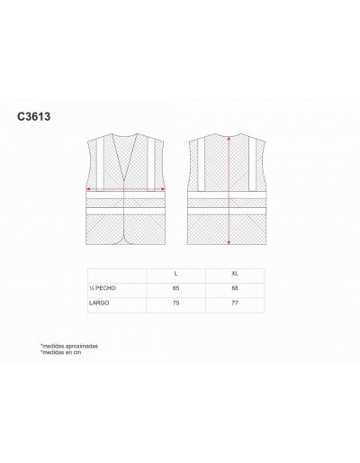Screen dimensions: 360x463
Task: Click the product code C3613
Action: [34, 116]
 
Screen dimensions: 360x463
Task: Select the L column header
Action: [175, 274]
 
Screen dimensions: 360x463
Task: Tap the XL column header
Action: [235, 274]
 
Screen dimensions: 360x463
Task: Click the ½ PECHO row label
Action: [103, 288]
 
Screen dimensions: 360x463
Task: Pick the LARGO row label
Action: [99, 303]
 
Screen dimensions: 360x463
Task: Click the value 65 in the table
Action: [175, 288]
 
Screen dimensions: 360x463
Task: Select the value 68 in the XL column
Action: [235, 288]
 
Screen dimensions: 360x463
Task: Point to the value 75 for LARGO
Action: [175, 303]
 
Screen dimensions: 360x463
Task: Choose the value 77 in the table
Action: [235, 303]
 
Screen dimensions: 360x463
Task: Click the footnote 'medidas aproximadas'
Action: [69, 346]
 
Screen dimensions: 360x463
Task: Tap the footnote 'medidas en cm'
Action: [61, 352]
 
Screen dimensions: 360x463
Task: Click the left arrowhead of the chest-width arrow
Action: [88, 189]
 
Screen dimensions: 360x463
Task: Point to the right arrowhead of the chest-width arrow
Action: [163, 189]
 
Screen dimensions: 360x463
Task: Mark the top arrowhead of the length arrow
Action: [229, 139]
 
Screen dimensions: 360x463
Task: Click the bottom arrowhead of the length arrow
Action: [229, 242]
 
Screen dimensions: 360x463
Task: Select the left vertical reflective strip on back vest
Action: [201, 164]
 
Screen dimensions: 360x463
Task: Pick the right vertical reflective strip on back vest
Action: [252, 164]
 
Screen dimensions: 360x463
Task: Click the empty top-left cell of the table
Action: [117, 276]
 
